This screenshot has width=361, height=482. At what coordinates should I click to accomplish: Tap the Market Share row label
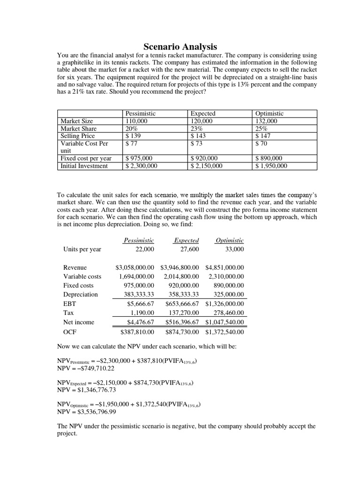(78, 129)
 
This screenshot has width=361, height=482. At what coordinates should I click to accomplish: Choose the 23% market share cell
(197, 129)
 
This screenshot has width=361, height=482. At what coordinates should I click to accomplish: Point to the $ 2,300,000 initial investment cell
(142, 166)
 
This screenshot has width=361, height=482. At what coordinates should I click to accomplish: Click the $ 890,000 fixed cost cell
(271, 158)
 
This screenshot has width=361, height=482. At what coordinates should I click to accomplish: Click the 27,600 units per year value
(189, 249)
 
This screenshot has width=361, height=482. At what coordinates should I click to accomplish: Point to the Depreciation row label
(80, 294)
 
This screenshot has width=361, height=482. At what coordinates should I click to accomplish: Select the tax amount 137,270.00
(184, 313)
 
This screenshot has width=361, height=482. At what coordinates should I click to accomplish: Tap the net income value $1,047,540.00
(225, 322)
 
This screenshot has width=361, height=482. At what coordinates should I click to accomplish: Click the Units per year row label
(82, 249)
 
